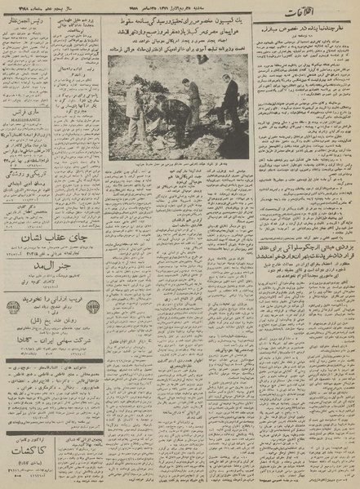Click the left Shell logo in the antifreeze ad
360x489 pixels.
pyautogui.click(x=13, y=307)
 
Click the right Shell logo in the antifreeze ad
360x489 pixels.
pyautogui.click(x=94, y=307)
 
